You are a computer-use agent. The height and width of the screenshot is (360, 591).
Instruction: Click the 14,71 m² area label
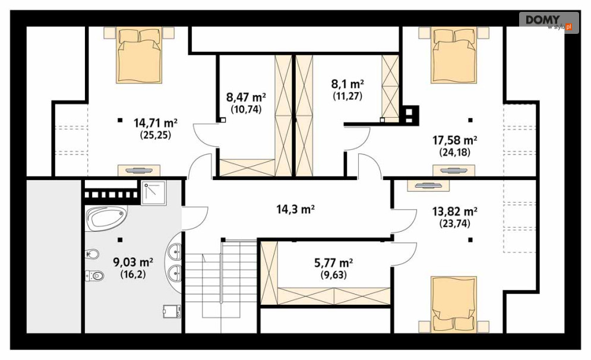coord(155,123)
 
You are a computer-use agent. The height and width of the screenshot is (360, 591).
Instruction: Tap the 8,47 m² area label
coord(246,97)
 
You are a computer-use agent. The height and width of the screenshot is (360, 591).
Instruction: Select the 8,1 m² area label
coord(347,84)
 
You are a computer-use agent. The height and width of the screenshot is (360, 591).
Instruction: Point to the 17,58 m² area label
coord(454,141)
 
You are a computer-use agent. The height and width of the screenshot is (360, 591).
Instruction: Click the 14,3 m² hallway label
coord(296,209)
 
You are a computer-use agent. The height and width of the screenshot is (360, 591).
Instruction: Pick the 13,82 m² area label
coord(454,211)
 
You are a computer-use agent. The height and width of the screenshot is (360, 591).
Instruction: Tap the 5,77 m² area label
coord(334,263)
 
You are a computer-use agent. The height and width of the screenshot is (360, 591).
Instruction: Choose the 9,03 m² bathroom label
coord(133,262)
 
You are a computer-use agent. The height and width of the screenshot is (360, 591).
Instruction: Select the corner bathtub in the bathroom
coord(106,218)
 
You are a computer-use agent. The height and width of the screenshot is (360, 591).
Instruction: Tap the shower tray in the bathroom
coord(153,192)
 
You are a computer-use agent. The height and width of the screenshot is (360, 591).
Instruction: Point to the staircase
coord(221,280)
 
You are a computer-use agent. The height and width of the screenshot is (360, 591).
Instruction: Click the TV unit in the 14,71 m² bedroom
coord(139,170)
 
